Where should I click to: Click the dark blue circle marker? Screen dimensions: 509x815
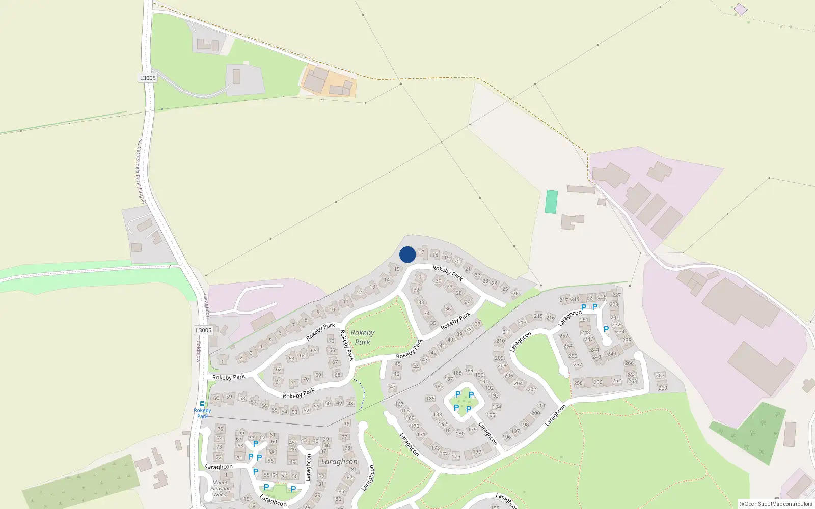pos(407,254)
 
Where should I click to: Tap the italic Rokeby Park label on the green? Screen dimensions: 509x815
pos(362,337)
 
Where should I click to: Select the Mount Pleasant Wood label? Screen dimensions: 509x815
pos(220,488)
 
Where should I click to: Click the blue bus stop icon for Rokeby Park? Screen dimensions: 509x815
pos(202,404)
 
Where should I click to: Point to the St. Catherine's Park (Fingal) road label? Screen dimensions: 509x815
pos(141,172)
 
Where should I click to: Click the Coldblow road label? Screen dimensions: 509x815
pos(199,351)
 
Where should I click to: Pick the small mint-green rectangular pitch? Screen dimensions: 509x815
pos(551,202)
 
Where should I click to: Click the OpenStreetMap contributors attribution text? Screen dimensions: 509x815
pos(776,504)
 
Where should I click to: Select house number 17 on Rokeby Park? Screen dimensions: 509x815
pos(421,252)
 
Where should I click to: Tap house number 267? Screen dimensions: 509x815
pos(660,375)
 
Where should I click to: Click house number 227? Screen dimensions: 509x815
pos(616,295)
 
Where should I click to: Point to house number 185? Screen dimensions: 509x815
pos(430,399)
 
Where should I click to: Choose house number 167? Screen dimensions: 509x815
pos(399,404)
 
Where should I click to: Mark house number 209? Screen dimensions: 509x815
pos(499,358)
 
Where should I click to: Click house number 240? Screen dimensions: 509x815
pos(612,353)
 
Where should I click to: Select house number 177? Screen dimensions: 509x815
pos(477,452)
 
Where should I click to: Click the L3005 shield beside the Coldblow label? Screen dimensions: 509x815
pos(203,330)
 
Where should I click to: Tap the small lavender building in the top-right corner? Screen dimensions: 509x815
pos(741,9)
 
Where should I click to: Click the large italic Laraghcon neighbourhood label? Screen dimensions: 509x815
pos(339,462)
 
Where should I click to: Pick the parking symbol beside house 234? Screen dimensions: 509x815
pos(606,329)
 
